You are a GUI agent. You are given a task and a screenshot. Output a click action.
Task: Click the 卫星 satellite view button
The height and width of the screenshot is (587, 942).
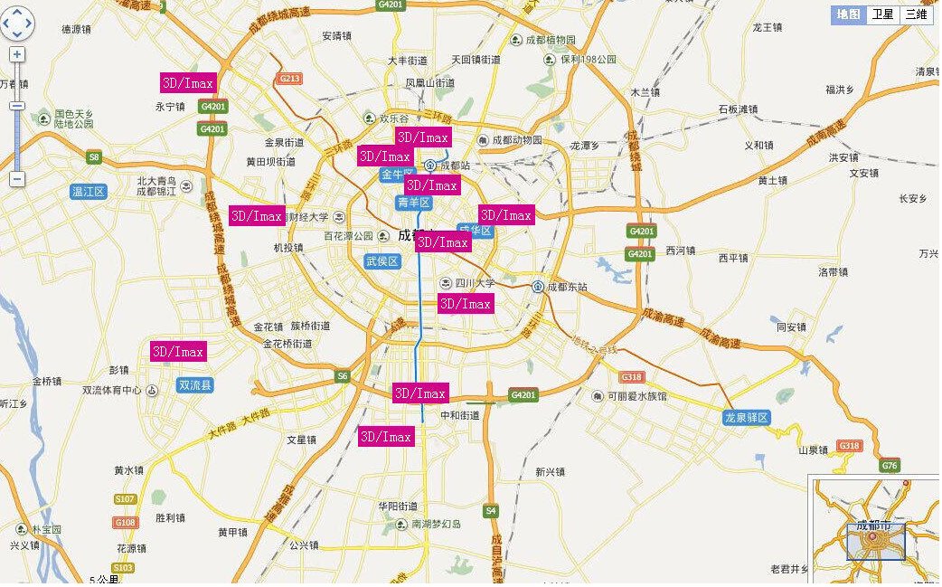tap(881, 14)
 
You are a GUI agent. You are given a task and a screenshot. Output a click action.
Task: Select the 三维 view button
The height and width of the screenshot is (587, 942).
tap(915, 14)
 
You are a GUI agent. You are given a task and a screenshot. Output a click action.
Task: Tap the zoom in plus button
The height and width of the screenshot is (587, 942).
tap(17, 54)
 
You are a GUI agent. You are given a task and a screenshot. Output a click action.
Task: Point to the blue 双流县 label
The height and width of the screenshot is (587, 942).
tap(195, 385)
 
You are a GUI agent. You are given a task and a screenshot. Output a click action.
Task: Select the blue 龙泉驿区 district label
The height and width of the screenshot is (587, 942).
tap(746, 418)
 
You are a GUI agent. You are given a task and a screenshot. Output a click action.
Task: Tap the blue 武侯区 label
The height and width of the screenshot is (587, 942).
tap(382, 261)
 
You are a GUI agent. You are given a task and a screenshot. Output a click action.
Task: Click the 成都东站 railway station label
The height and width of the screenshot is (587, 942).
tap(565, 287)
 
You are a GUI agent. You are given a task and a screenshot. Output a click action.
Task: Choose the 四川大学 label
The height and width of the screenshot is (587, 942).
tap(475, 282)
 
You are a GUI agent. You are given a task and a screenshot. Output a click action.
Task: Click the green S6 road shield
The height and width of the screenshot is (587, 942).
tap(342, 375)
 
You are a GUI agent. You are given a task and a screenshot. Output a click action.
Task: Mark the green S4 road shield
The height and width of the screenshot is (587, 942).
tap(491, 511)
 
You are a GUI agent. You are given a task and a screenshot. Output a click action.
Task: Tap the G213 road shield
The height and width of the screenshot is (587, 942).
tap(289, 79)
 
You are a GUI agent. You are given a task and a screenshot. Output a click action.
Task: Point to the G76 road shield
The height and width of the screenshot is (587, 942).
tap(890, 465)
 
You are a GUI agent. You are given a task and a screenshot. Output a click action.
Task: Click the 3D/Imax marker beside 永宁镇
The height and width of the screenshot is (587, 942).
tap(188, 83)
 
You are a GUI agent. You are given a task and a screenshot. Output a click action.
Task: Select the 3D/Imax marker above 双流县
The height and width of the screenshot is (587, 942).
tap(178, 351)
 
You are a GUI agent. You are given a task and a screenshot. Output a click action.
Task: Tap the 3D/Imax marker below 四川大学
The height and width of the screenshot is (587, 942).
tap(466, 304)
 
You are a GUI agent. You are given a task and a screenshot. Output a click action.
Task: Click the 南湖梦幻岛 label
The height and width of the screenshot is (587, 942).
tap(437, 524)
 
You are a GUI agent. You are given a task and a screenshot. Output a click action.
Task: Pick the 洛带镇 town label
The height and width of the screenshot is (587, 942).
tap(833, 271)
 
